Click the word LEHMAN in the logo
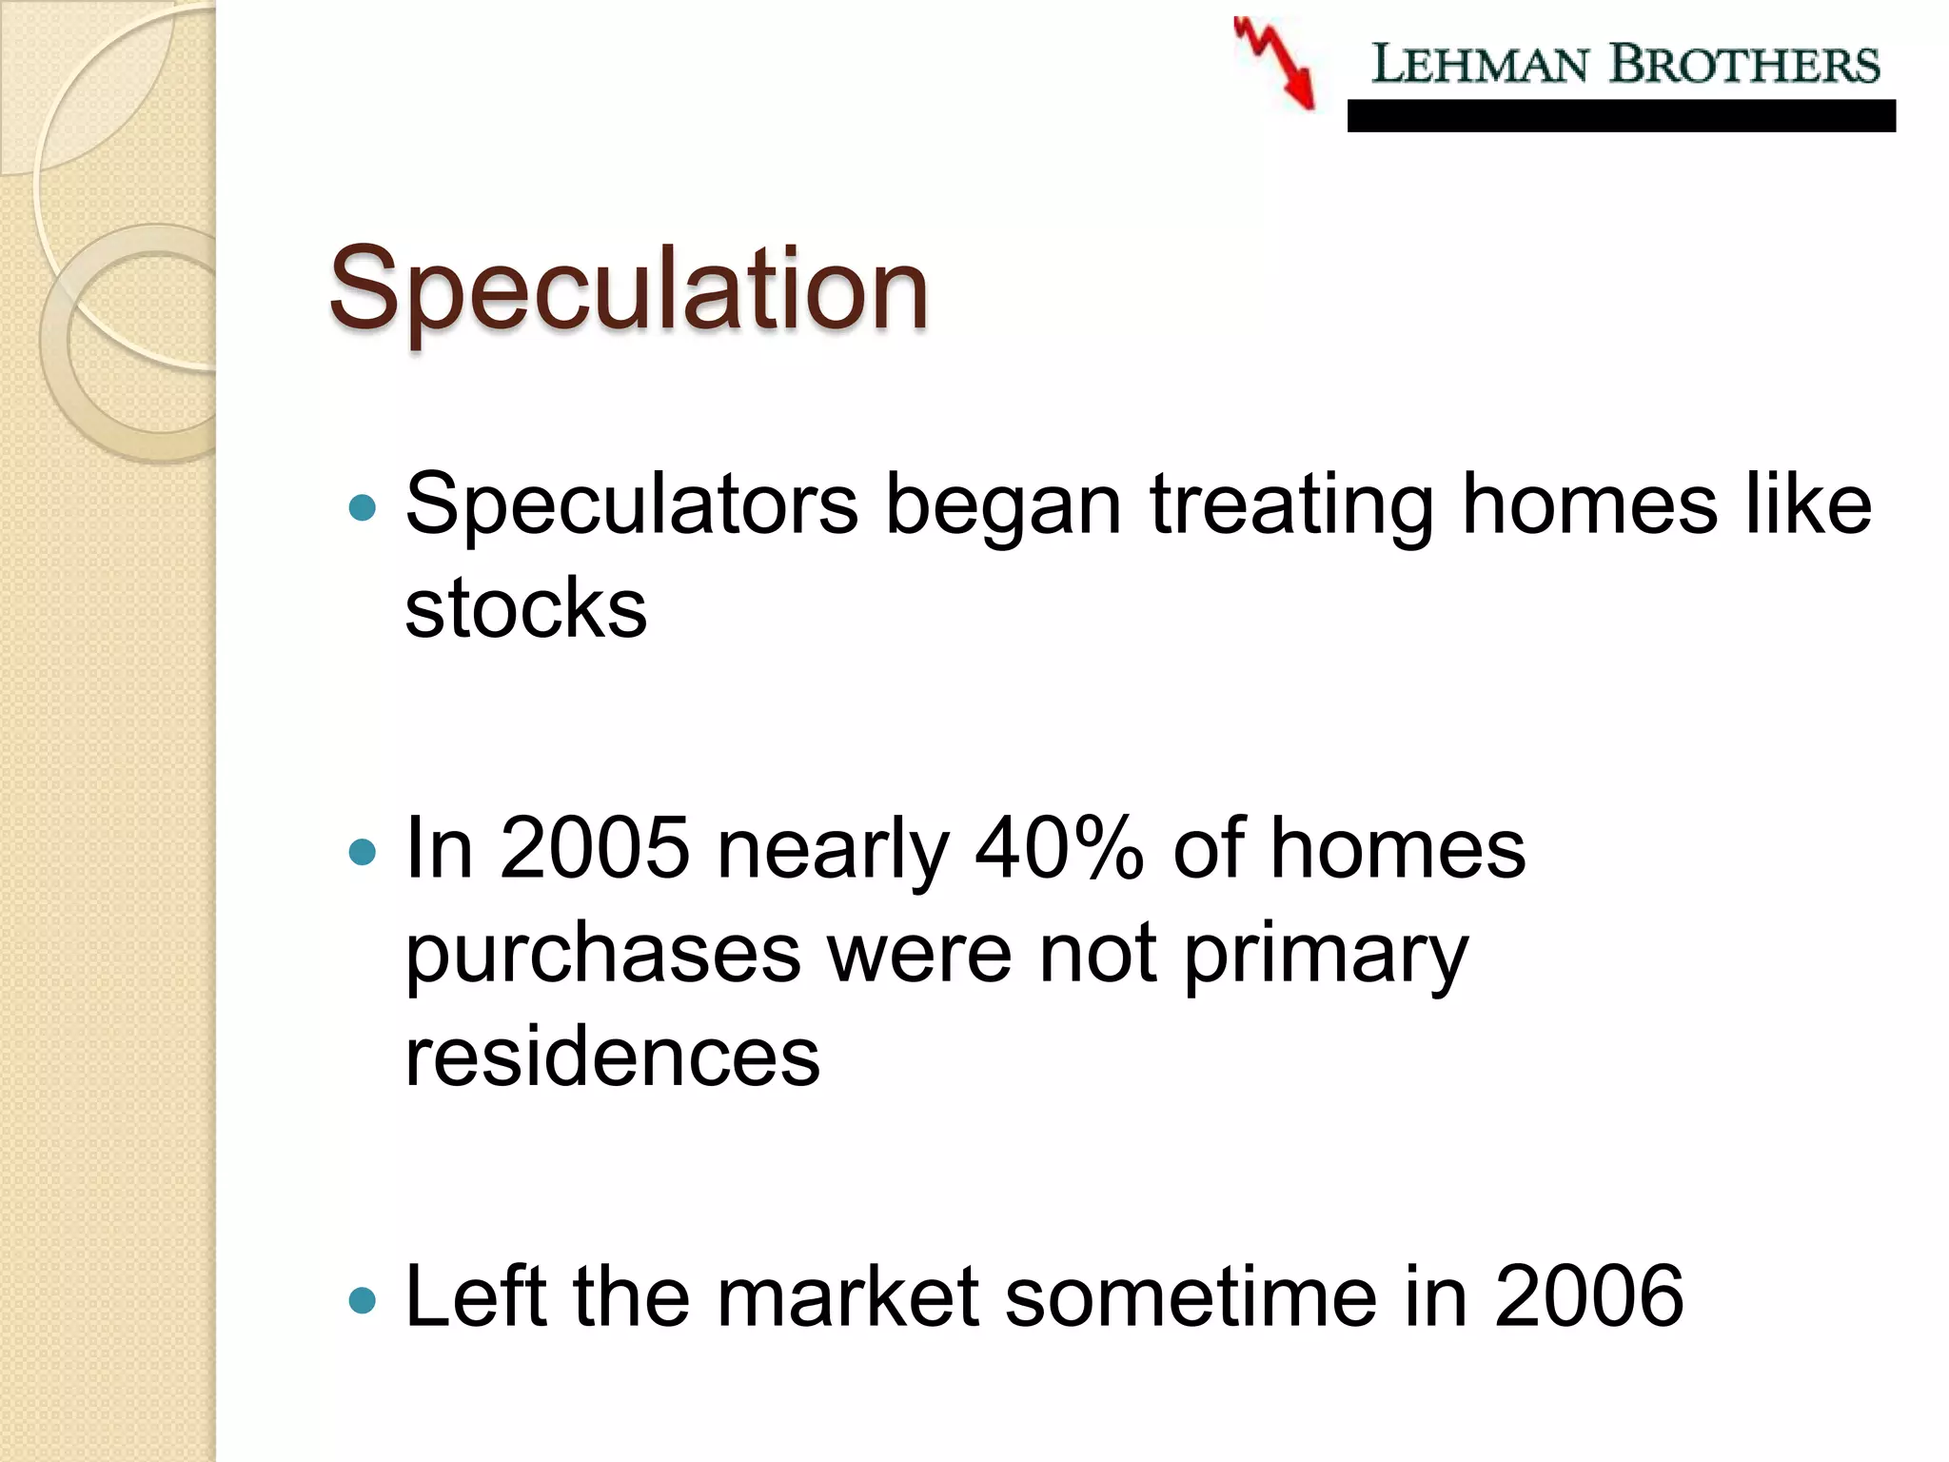(x=1479, y=65)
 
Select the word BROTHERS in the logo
(x=1744, y=65)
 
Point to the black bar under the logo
(x=1621, y=116)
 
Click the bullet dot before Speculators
(x=363, y=506)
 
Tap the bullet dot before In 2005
(x=363, y=850)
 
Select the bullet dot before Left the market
(x=363, y=1299)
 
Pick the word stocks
(x=525, y=608)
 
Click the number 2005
(x=594, y=848)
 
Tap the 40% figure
(x=1058, y=848)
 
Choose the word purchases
(x=602, y=955)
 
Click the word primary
(x=1326, y=955)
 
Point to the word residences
(x=612, y=1057)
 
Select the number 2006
(x=1588, y=1296)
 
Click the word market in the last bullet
(x=847, y=1296)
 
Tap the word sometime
(x=1191, y=1296)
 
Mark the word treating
(x=1290, y=506)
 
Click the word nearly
(x=833, y=850)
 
